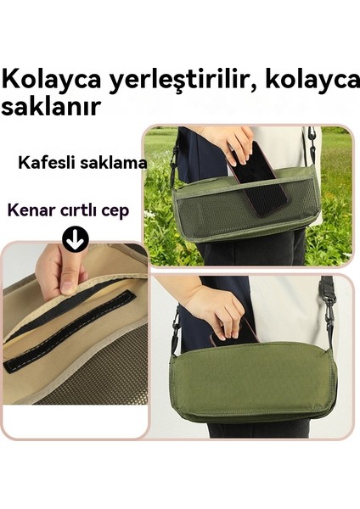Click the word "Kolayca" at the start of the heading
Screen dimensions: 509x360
(x=51, y=81)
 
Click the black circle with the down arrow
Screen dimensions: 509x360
(x=75, y=241)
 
